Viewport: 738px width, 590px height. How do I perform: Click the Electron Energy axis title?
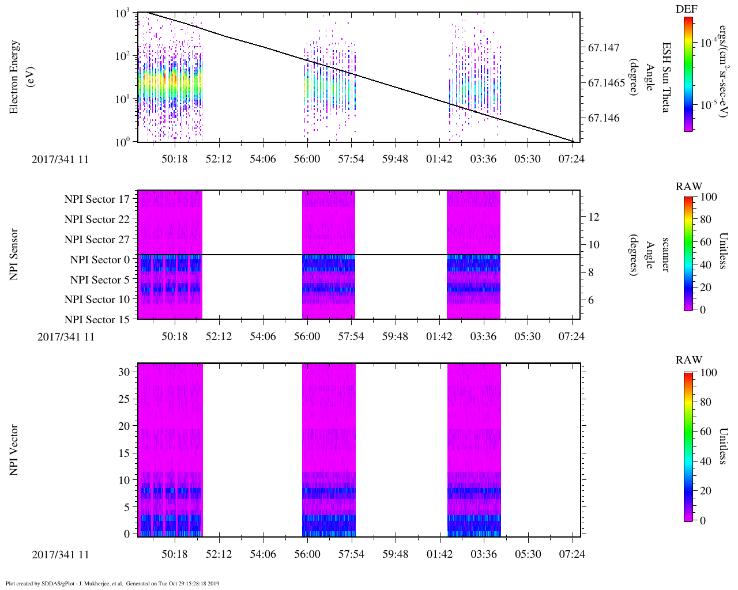[x=14, y=77]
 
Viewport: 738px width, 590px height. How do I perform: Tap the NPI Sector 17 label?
[x=97, y=199]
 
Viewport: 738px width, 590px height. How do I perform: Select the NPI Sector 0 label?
[x=100, y=260]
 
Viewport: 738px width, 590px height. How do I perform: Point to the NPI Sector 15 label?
[x=97, y=320]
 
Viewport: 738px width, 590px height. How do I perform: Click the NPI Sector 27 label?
[x=97, y=240]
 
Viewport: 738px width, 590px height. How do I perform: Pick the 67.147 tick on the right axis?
[x=604, y=48]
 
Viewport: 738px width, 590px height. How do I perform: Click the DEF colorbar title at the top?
[x=686, y=10]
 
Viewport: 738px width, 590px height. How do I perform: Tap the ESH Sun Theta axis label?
[x=665, y=77]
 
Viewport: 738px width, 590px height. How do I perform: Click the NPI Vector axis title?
[x=14, y=450]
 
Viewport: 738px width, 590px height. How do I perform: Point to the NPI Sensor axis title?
[x=14, y=255]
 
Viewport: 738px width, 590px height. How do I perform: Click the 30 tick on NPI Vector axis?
[x=124, y=372]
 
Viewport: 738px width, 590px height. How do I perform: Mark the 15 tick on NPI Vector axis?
[x=124, y=453]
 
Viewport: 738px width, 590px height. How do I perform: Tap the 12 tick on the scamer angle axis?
[x=593, y=217]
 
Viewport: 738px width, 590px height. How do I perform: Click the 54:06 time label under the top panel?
[x=263, y=159]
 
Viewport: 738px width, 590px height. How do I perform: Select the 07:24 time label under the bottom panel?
[x=572, y=554]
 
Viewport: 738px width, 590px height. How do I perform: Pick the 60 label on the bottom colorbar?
[x=706, y=432]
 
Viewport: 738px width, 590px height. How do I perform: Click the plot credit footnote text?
[x=113, y=583]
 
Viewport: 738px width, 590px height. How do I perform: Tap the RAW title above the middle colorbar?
[x=689, y=187]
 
